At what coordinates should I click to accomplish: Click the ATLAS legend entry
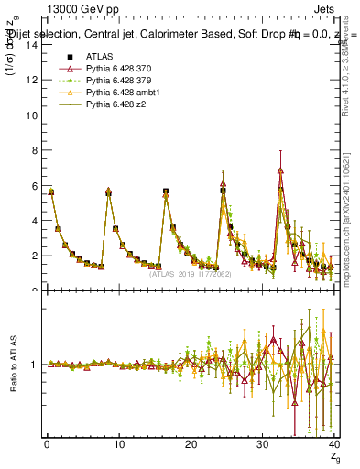pyautogui.click(x=99, y=57)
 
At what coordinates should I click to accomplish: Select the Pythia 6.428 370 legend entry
pyautogui.click(x=120, y=69)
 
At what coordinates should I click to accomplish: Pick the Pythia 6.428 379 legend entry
pyautogui.click(x=120, y=81)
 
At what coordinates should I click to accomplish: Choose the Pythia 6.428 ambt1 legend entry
pyautogui.click(x=123, y=93)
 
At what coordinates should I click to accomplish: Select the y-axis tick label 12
pyautogui.click(x=30, y=81)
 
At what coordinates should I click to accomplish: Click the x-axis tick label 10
pyautogui.click(x=118, y=445)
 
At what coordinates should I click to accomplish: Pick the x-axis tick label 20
pyautogui.click(x=191, y=445)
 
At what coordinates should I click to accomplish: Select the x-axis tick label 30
pyautogui.click(x=262, y=445)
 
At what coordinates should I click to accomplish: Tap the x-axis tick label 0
pyautogui.click(x=47, y=445)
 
